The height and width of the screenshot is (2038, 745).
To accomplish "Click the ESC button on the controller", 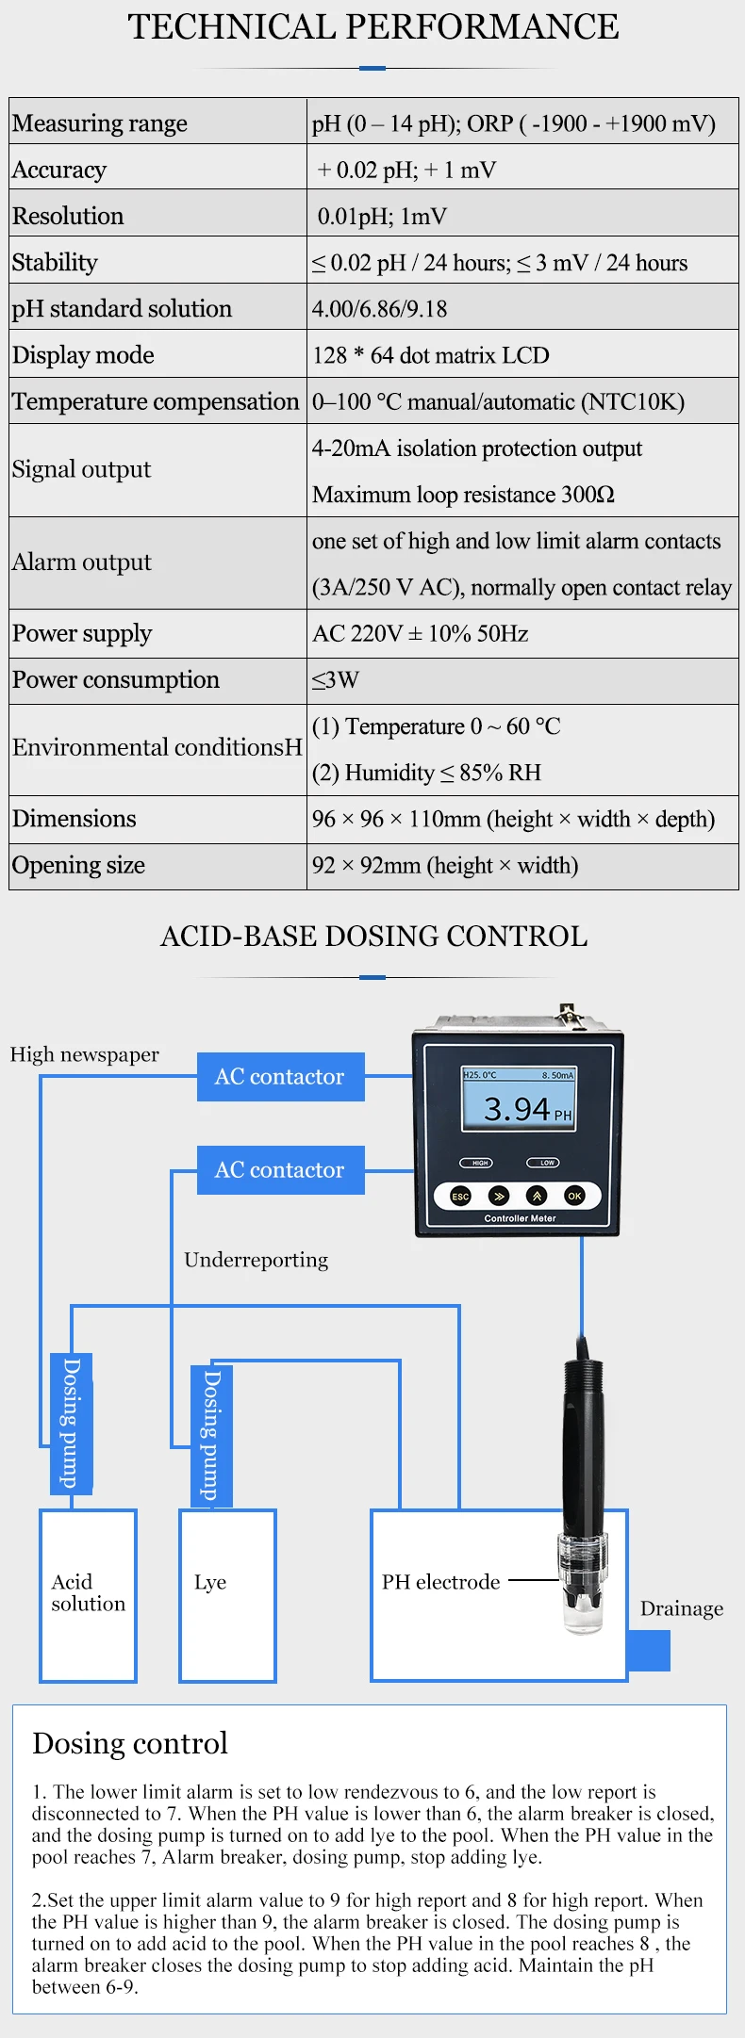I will tap(460, 1196).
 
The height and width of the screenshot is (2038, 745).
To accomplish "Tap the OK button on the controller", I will tap(574, 1196).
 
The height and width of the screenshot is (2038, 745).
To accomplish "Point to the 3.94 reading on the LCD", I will tap(517, 1109).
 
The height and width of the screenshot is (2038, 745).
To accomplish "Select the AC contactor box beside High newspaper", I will tap(280, 1077).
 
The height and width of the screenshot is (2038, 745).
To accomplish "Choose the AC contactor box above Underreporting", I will tap(280, 1170).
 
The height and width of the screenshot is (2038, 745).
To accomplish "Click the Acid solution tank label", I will tap(88, 1592).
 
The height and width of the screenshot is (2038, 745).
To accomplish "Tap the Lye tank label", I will tap(210, 1582).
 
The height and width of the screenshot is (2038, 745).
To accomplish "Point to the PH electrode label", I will tap(440, 1582).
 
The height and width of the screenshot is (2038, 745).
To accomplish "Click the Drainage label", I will tap(682, 1608).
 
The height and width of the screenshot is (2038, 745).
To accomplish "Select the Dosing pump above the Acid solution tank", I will tap(71, 1423).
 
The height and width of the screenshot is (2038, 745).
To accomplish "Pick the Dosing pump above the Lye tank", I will tap(211, 1435).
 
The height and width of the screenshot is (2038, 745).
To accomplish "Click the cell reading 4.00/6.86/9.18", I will tap(380, 309).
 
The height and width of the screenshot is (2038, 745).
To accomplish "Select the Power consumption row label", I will tap(116, 680).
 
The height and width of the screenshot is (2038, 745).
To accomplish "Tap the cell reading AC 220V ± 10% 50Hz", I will tap(421, 633).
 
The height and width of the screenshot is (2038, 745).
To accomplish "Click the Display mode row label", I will tap(83, 355).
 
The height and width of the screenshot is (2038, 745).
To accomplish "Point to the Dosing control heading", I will tap(130, 1743).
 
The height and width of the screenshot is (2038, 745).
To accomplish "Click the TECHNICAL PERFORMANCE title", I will tap(373, 26).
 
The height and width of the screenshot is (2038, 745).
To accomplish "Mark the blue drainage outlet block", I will tap(649, 1651).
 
